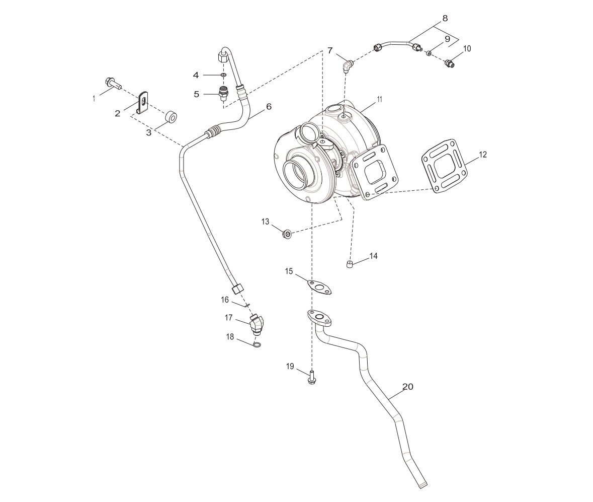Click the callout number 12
tap(482, 155)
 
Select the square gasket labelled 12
tap(445, 167)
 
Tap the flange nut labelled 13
tap(287, 234)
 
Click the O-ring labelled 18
tap(257, 345)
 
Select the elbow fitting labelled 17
tap(257, 324)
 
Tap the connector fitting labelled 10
tap(449, 63)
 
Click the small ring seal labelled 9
tap(429, 53)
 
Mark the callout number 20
tap(407, 387)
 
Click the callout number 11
tap(379, 100)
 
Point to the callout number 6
tap(269, 107)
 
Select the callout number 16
tap(224, 300)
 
